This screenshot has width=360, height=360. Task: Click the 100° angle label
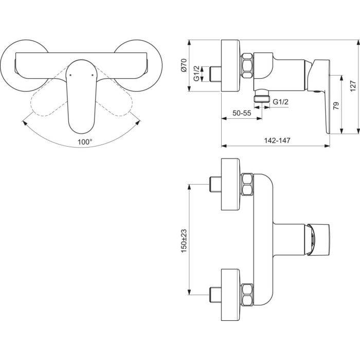[85, 142]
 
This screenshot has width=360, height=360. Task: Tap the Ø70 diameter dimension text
[184, 65]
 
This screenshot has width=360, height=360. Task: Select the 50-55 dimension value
[242, 113]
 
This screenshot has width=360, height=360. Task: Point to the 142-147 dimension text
[277, 140]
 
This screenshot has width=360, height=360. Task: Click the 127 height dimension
[353, 86]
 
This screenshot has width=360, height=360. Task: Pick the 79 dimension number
[336, 105]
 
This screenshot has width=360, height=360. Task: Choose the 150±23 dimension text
[184, 241]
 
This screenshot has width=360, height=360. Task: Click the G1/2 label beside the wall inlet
[196, 74]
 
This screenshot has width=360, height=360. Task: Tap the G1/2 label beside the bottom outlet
[280, 101]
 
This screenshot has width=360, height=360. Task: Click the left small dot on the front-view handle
[70, 75]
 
